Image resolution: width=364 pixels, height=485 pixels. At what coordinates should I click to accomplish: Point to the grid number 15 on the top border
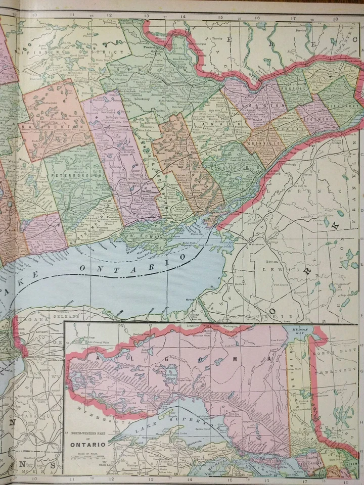[x=220, y=16]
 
